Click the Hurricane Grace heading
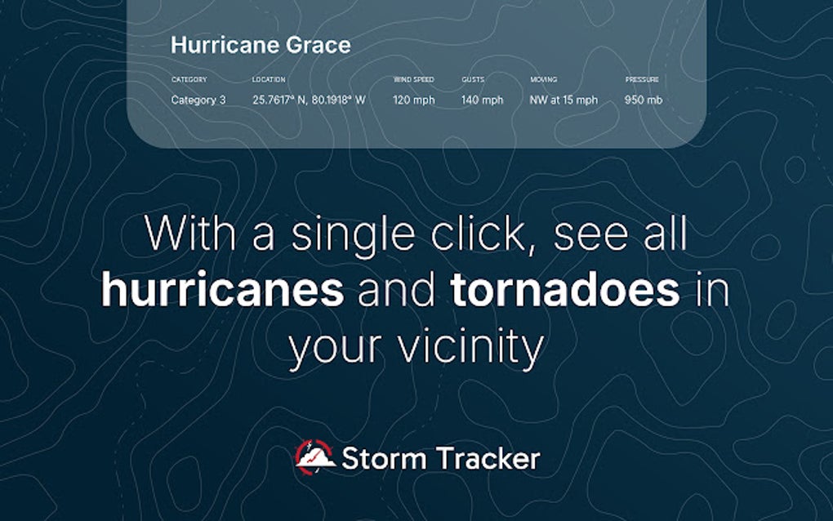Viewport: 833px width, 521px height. (x=261, y=45)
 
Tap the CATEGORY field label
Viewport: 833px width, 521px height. (x=189, y=80)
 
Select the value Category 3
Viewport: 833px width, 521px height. (x=198, y=100)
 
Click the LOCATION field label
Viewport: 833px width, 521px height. (x=269, y=80)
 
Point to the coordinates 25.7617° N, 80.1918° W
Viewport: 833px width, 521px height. (x=309, y=100)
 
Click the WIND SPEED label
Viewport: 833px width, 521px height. (x=414, y=80)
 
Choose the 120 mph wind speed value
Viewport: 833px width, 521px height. (x=414, y=100)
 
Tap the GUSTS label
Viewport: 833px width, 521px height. (x=473, y=80)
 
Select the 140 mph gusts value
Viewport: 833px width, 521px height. (x=483, y=100)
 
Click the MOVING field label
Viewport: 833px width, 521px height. (x=544, y=80)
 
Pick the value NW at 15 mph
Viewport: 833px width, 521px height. (x=563, y=100)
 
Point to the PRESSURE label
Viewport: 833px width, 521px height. (x=642, y=80)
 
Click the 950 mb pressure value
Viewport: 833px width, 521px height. (x=644, y=100)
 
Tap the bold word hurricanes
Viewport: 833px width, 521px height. (x=222, y=290)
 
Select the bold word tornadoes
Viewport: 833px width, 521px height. (x=565, y=290)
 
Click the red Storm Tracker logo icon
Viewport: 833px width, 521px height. (x=314, y=456)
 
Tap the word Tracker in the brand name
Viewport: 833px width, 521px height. (x=488, y=458)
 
